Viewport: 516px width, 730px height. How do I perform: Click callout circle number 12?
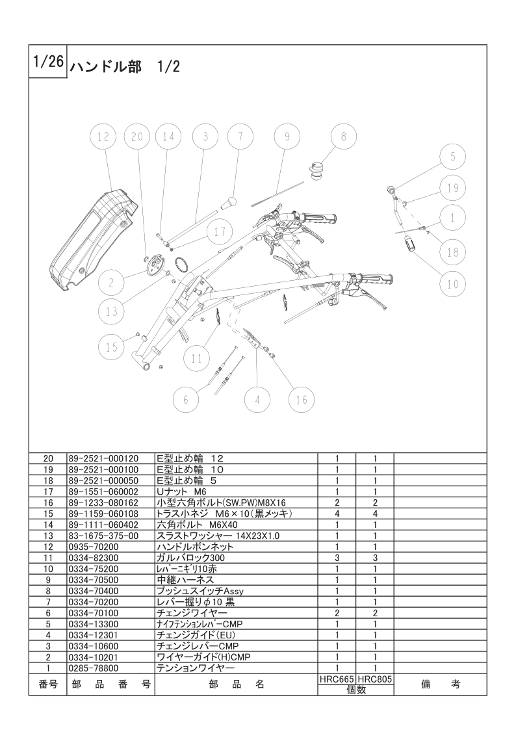tap(103, 137)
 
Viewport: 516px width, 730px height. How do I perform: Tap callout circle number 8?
tap(344, 137)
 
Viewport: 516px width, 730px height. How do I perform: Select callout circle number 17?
tap(220, 232)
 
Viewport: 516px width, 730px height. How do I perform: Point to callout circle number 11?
tap(197, 358)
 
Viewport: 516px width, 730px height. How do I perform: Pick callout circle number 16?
tap(302, 399)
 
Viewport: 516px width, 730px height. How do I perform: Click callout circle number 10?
tap(453, 284)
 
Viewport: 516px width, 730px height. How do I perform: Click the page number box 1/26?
tap(48, 62)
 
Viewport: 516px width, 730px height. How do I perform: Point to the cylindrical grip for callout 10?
tap(411, 244)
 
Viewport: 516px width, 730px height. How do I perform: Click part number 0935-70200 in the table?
tap(94, 547)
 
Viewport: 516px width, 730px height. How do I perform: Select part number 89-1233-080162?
tap(103, 502)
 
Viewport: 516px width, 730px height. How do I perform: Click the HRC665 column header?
tap(337, 679)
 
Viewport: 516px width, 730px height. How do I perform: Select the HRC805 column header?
tap(375, 679)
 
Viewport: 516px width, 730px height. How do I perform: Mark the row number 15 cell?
tap(48, 514)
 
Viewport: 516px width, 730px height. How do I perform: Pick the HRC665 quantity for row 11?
tap(337, 558)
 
